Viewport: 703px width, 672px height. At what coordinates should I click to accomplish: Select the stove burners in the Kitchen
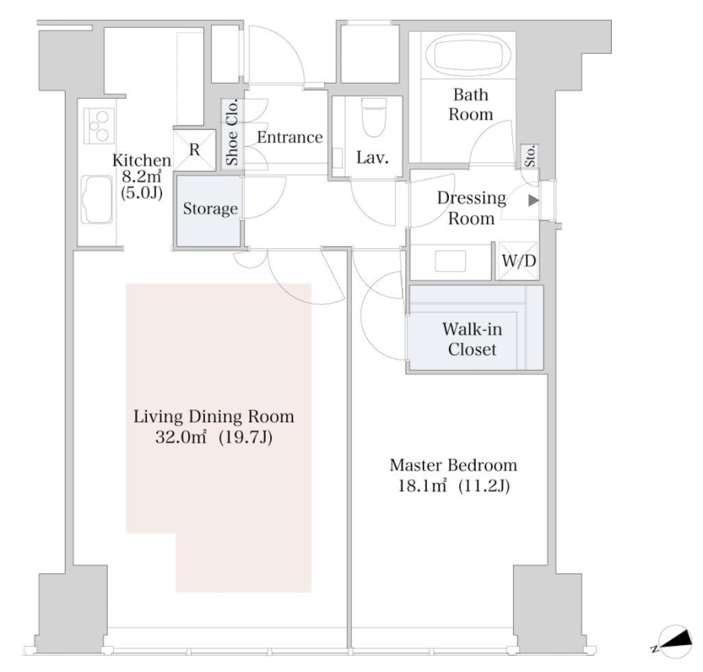(x=99, y=126)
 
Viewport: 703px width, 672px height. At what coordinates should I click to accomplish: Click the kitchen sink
(x=96, y=200)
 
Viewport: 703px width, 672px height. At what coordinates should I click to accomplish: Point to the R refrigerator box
(x=194, y=150)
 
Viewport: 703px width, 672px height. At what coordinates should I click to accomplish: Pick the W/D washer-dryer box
(x=518, y=260)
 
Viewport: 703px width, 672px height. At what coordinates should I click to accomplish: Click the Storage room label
(x=210, y=209)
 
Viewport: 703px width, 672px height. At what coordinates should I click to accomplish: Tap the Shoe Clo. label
(x=232, y=133)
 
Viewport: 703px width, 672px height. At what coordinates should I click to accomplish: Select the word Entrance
(x=290, y=137)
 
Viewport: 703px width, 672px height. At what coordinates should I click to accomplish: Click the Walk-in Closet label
(x=472, y=339)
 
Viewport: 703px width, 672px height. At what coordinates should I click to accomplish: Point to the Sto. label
(x=530, y=156)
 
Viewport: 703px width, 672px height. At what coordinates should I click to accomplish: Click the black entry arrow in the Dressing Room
(x=533, y=200)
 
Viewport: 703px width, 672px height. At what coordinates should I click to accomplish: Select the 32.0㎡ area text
(x=181, y=437)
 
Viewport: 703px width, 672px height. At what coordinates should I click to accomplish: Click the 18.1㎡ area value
(x=422, y=486)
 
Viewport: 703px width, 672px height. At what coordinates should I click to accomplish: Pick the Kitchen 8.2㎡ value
(x=141, y=176)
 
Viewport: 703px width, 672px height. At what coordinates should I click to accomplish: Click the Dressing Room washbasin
(x=450, y=261)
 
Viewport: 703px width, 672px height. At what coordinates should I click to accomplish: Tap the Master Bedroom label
(x=453, y=465)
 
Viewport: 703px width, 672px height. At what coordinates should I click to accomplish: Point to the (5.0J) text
(x=141, y=193)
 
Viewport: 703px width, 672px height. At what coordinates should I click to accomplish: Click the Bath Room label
(x=471, y=104)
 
